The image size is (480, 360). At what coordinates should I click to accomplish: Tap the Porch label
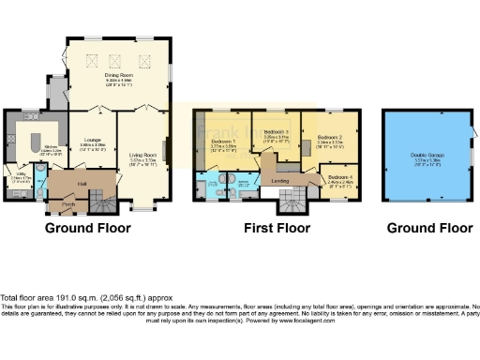coord(68,203)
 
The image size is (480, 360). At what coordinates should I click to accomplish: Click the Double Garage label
coord(426,156)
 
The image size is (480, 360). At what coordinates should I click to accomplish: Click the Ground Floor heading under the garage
coord(427,228)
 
